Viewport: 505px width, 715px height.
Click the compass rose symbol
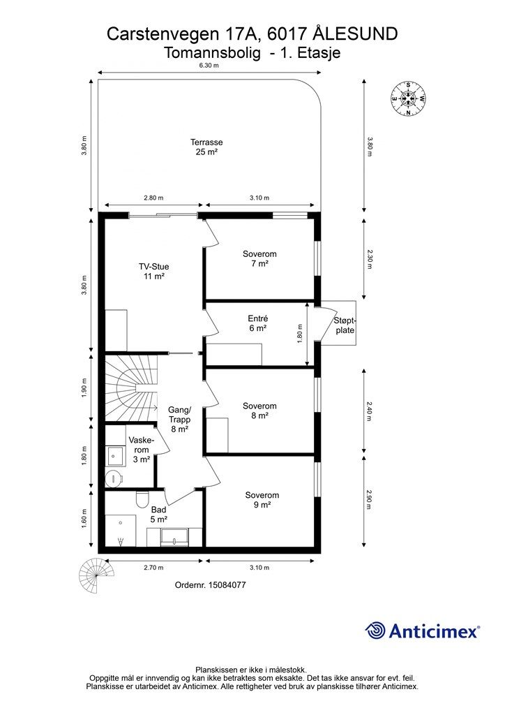pos(408,98)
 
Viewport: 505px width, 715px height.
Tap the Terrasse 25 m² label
pos(206,147)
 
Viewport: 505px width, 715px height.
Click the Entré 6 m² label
pos(258,323)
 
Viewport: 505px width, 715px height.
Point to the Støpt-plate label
pos(345,325)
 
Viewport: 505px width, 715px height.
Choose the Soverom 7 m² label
pos(259,258)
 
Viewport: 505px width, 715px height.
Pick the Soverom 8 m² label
pos(259,411)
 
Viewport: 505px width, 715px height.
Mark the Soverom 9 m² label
pos(262,500)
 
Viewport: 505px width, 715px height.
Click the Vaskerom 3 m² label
pos(142,450)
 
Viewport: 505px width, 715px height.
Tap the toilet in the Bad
pos(142,499)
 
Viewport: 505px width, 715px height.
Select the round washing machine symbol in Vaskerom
pos(114,478)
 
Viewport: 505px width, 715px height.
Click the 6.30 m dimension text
pos(209,65)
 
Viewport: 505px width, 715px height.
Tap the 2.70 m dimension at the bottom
pos(153,568)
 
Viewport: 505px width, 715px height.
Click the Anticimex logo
pos(422,631)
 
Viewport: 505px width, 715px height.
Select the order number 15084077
pos(211,585)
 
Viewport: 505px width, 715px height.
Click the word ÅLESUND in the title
pos(356,34)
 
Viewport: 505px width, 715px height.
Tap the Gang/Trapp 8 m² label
pos(180,419)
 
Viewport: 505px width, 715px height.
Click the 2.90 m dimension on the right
pos(369,499)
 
